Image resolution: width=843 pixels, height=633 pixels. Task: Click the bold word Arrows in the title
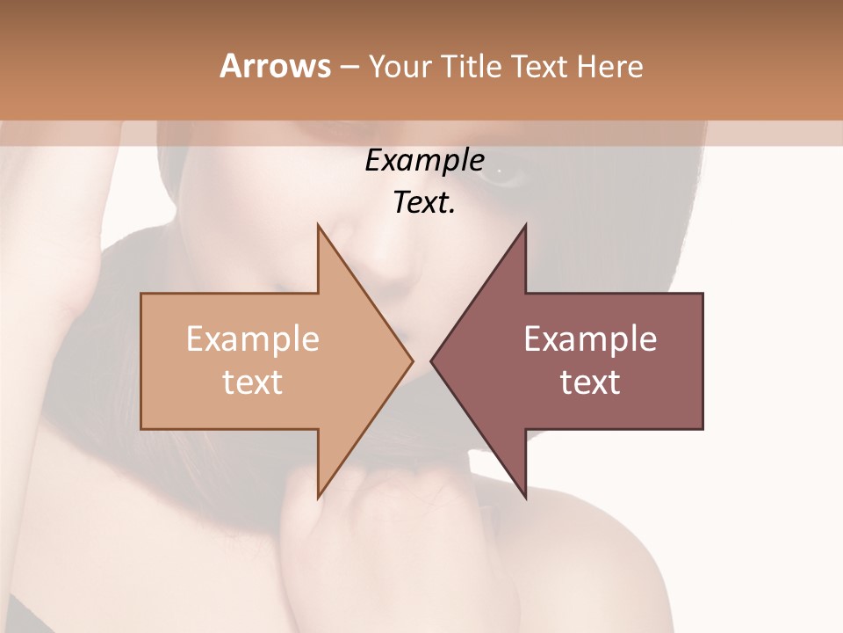[x=275, y=66]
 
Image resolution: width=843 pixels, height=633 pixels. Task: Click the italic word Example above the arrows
[x=424, y=161]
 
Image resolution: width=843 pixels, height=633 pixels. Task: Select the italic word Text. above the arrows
[x=424, y=203]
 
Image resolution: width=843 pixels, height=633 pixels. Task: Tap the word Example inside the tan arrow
[x=252, y=339]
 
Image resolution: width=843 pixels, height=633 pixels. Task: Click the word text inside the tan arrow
[x=252, y=382]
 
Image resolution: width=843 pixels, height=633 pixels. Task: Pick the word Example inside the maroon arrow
[x=590, y=339]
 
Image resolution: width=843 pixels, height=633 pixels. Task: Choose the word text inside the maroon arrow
[x=590, y=382]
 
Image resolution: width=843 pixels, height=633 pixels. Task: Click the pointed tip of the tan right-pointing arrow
[x=412, y=360]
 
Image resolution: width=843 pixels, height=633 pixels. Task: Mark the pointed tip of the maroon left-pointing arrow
[x=431, y=360]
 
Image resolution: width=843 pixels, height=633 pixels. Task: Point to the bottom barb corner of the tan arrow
[x=319, y=497]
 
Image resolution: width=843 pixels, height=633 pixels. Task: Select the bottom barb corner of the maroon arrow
[x=525, y=497]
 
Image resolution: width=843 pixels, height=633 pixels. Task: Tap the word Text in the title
[x=541, y=66]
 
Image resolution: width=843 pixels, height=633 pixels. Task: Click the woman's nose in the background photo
[x=386, y=255]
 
